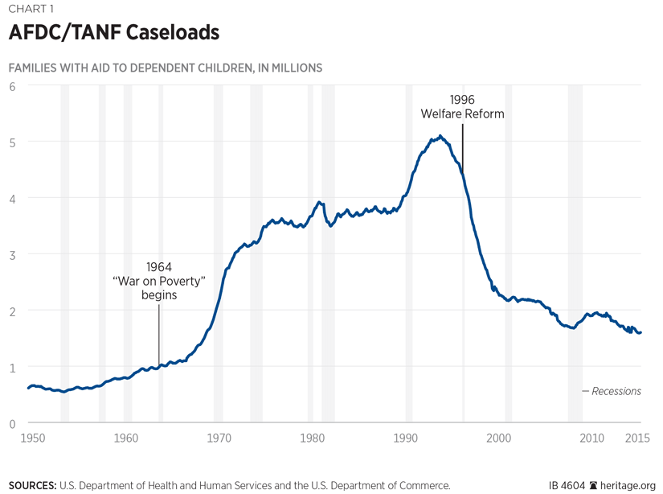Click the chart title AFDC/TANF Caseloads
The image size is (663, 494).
click(113, 35)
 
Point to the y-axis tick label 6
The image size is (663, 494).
click(12, 85)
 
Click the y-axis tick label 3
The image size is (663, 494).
click(12, 254)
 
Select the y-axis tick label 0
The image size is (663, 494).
click(12, 423)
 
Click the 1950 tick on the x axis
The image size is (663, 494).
click(32, 438)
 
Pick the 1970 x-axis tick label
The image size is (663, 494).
click(219, 438)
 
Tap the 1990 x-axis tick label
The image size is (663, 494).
click(406, 438)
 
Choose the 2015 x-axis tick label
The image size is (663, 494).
click(638, 438)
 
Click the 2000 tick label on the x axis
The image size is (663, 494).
click(499, 438)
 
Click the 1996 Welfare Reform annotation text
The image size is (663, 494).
click(462, 106)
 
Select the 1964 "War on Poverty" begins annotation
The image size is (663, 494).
click(158, 281)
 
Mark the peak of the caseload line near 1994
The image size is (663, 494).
click(440, 136)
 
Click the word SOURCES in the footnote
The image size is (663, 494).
click(32, 486)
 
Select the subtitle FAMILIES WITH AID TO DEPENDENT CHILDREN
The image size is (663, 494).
click(166, 68)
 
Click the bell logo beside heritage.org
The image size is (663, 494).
click(594, 486)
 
